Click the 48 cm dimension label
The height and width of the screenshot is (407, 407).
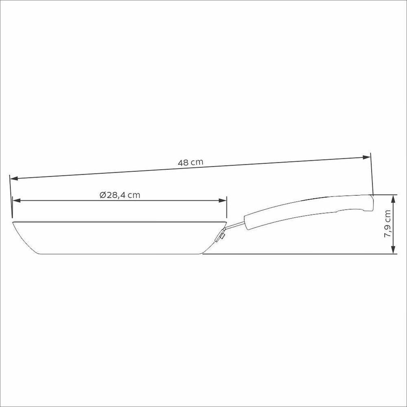click(190, 162)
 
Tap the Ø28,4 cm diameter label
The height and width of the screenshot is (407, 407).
click(120, 195)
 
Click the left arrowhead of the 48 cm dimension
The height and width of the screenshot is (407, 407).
click(14, 179)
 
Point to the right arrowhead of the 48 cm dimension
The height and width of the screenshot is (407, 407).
click(366, 157)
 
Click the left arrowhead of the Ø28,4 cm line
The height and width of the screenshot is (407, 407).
click(16, 200)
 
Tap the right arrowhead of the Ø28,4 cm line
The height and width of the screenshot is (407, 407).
click(223, 200)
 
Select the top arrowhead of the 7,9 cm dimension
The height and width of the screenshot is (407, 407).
click(394, 199)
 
